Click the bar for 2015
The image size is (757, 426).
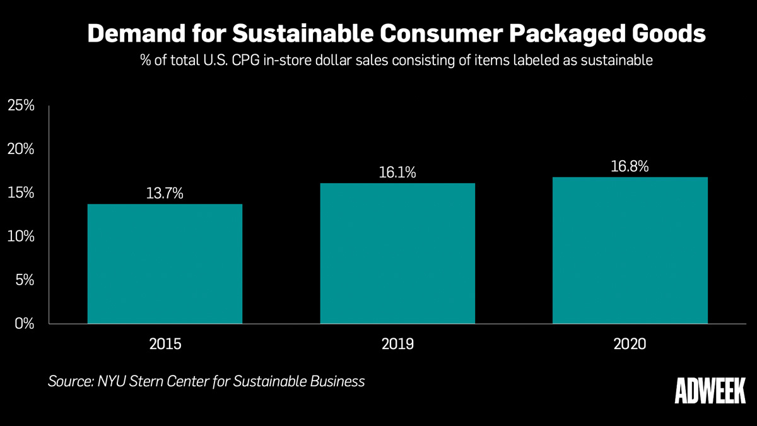(x=165, y=264)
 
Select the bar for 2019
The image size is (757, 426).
(x=397, y=254)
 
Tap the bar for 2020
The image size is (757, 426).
(x=630, y=251)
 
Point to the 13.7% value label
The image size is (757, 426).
(x=165, y=193)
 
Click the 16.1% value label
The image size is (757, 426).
(x=397, y=172)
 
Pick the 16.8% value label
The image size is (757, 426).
(x=630, y=167)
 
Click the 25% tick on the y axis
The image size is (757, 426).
(x=20, y=105)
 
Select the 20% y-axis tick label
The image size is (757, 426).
(x=20, y=149)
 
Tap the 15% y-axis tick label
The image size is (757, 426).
(x=20, y=192)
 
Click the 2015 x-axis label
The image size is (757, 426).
(x=165, y=344)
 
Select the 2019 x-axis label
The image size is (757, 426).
(x=397, y=344)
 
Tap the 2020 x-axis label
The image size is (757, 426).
(x=630, y=344)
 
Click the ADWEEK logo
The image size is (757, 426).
(x=710, y=391)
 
